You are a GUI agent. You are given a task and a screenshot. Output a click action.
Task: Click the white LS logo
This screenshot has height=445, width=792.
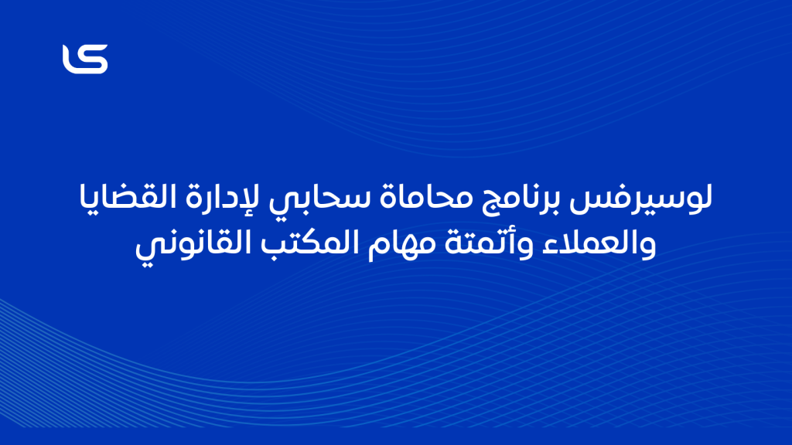point(85,59)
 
